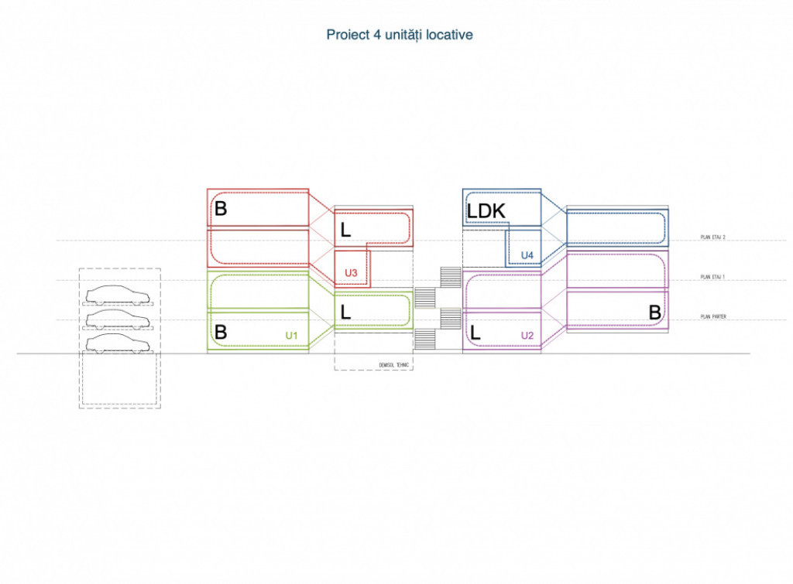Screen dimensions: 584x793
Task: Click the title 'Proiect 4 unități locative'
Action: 400,35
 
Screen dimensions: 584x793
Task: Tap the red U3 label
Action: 351,273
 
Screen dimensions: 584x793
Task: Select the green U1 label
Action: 292,335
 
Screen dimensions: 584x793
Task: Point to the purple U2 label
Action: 527,335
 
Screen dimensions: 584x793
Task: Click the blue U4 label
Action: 527,254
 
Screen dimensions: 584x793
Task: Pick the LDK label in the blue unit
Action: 486,211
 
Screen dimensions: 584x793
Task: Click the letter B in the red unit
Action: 221,209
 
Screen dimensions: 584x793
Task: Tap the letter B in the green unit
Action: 221,333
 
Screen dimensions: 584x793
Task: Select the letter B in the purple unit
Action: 654,312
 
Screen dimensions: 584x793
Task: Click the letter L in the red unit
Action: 345,230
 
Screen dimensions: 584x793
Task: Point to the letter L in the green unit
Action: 345,312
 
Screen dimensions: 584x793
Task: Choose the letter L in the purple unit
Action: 475,334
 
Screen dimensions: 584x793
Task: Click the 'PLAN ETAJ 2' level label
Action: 712,238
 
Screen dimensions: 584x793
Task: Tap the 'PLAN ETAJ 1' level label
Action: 712,277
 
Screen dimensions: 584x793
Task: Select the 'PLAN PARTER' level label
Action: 712,317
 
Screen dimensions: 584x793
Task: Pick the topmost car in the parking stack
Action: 118,295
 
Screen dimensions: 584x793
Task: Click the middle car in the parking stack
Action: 118,319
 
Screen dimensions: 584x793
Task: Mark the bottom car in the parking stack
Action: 118,343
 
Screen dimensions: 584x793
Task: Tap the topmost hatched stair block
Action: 450,277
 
